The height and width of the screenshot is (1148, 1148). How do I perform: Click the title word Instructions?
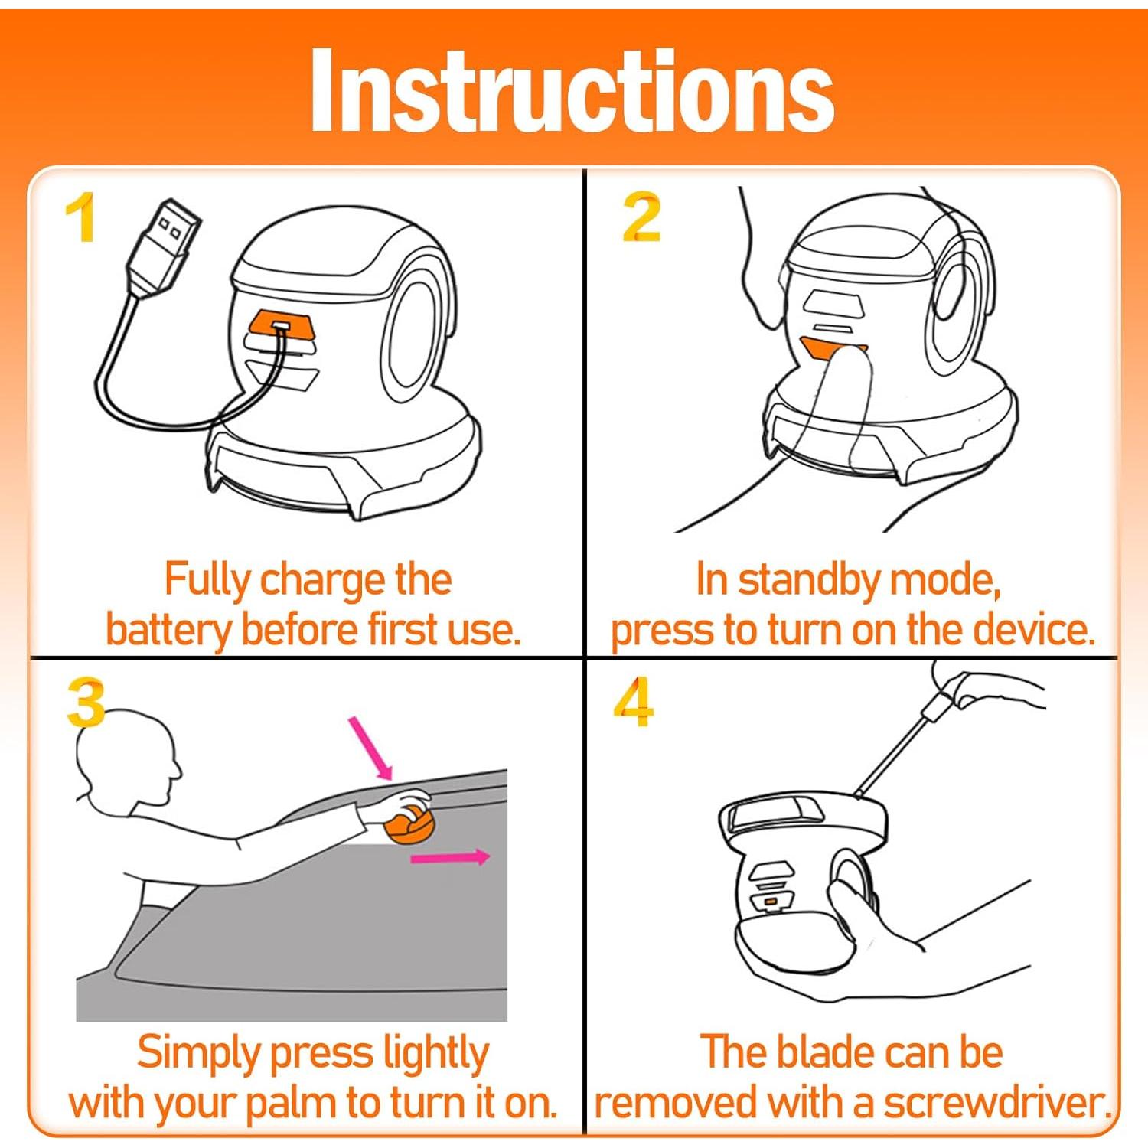572,90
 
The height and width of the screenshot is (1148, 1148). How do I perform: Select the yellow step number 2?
641,217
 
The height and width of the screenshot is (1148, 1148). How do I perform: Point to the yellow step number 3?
86,703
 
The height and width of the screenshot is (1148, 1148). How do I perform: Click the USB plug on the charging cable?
164,246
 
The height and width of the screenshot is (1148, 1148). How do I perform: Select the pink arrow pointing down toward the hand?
370,748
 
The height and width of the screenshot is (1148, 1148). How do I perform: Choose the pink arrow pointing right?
450,857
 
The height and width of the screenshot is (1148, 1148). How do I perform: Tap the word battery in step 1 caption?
168,631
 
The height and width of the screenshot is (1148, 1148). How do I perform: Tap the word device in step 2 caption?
1034,629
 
